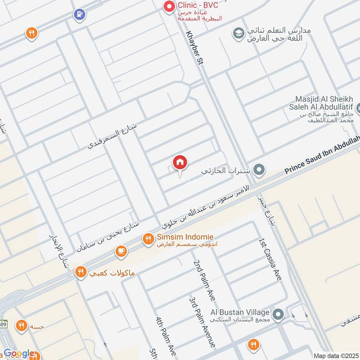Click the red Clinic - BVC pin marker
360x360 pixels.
(x=169, y=7)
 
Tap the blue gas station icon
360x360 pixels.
(x=79, y=14)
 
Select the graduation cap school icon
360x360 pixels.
(x=238, y=33)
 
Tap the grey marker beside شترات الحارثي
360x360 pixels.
(x=259, y=170)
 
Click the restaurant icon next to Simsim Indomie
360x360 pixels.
(x=148, y=240)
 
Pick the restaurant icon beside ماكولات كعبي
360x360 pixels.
(x=81, y=272)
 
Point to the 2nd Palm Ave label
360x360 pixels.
(x=204, y=280)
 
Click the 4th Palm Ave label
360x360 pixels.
(x=165, y=335)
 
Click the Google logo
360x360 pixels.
(x=19, y=354)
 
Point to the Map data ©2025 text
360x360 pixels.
(x=335, y=355)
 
